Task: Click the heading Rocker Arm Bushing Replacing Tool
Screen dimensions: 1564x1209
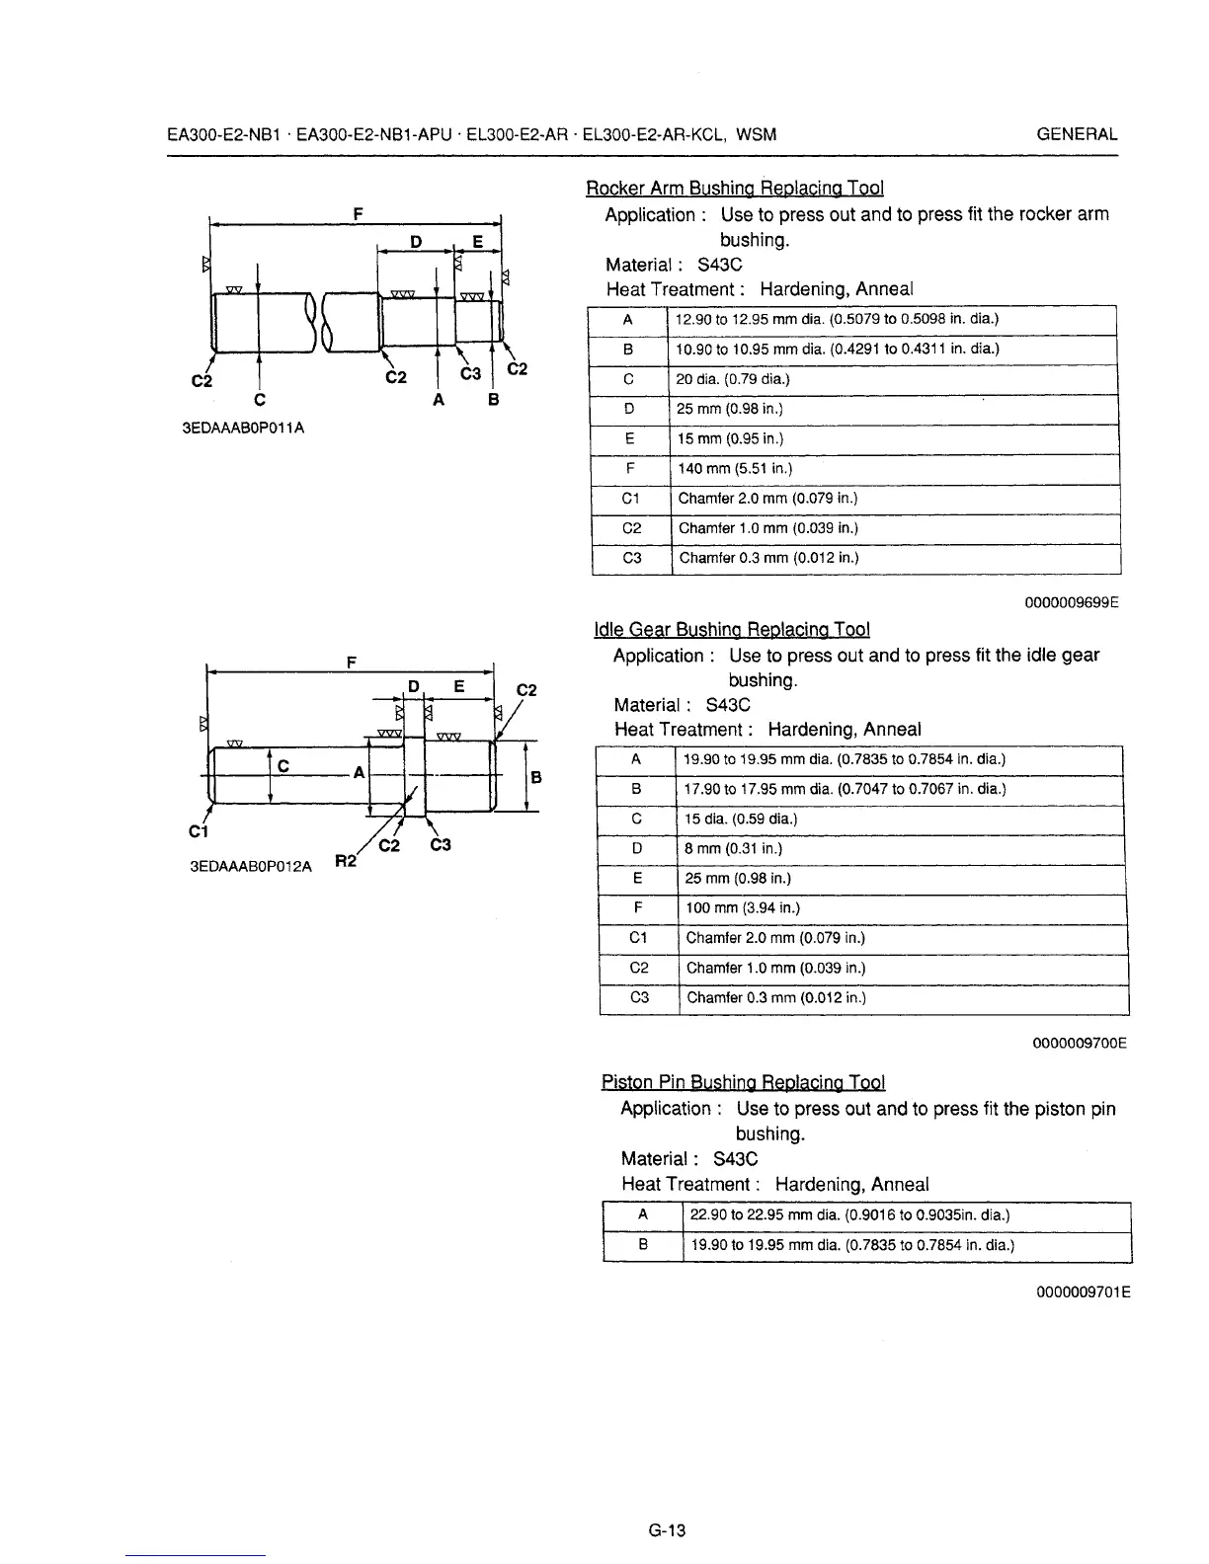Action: pyautogui.click(x=734, y=188)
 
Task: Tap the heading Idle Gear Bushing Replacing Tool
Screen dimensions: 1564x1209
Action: pyautogui.click(x=731, y=629)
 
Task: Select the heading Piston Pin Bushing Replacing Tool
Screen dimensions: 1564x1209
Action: pyautogui.click(x=743, y=1082)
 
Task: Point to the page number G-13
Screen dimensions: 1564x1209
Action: pyautogui.click(x=667, y=1531)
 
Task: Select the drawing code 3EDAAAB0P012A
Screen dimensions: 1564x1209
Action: pyautogui.click(x=250, y=866)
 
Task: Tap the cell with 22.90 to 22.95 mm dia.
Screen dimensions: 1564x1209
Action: pyautogui.click(x=849, y=1215)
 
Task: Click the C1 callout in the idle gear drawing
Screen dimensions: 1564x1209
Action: pyautogui.click(x=196, y=829)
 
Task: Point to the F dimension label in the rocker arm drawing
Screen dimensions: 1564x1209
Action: pyautogui.click(x=357, y=212)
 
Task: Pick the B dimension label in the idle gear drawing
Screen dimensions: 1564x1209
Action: pyautogui.click(x=535, y=778)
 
